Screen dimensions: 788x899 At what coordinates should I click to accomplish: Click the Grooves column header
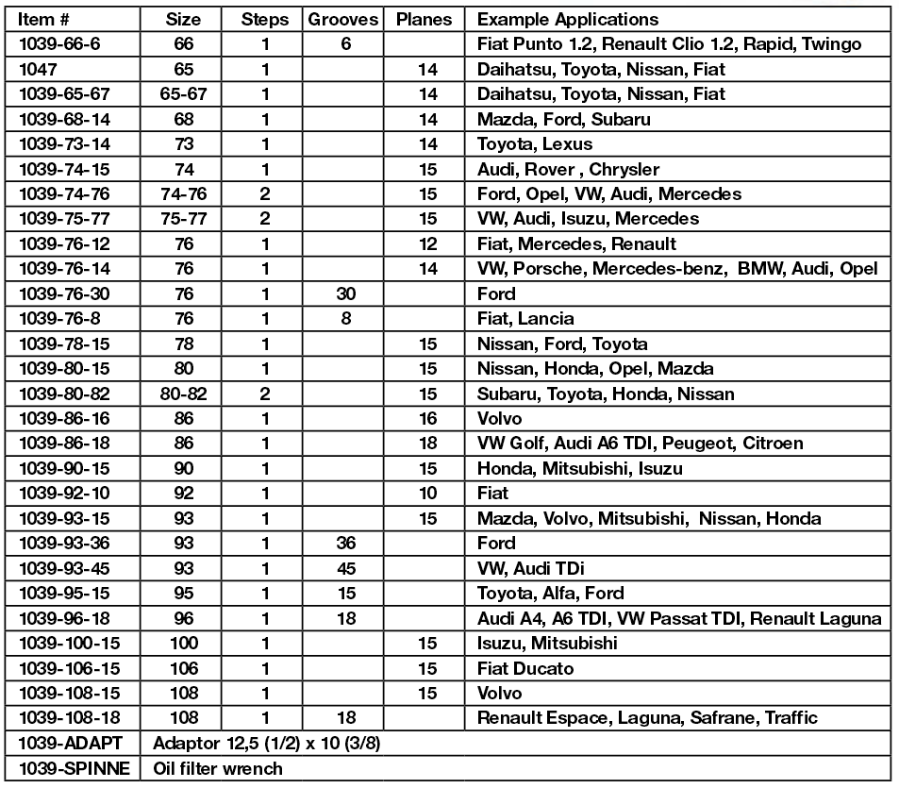tap(343, 20)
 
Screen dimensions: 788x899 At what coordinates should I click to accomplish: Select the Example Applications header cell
tap(568, 20)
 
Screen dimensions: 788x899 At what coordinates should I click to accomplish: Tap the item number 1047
tap(39, 69)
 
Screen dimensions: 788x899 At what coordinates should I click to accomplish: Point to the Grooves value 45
tap(346, 569)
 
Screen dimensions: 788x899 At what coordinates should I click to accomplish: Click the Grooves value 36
tap(346, 544)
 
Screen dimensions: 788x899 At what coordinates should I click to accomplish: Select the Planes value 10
tap(428, 494)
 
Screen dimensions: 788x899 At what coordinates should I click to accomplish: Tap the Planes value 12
tap(428, 243)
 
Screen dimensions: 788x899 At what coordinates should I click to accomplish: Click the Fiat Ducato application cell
tap(525, 668)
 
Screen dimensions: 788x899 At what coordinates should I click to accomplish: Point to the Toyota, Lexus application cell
tap(535, 144)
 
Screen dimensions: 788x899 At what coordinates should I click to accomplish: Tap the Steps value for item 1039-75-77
tap(265, 219)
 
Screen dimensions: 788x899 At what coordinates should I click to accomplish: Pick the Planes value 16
tap(428, 419)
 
